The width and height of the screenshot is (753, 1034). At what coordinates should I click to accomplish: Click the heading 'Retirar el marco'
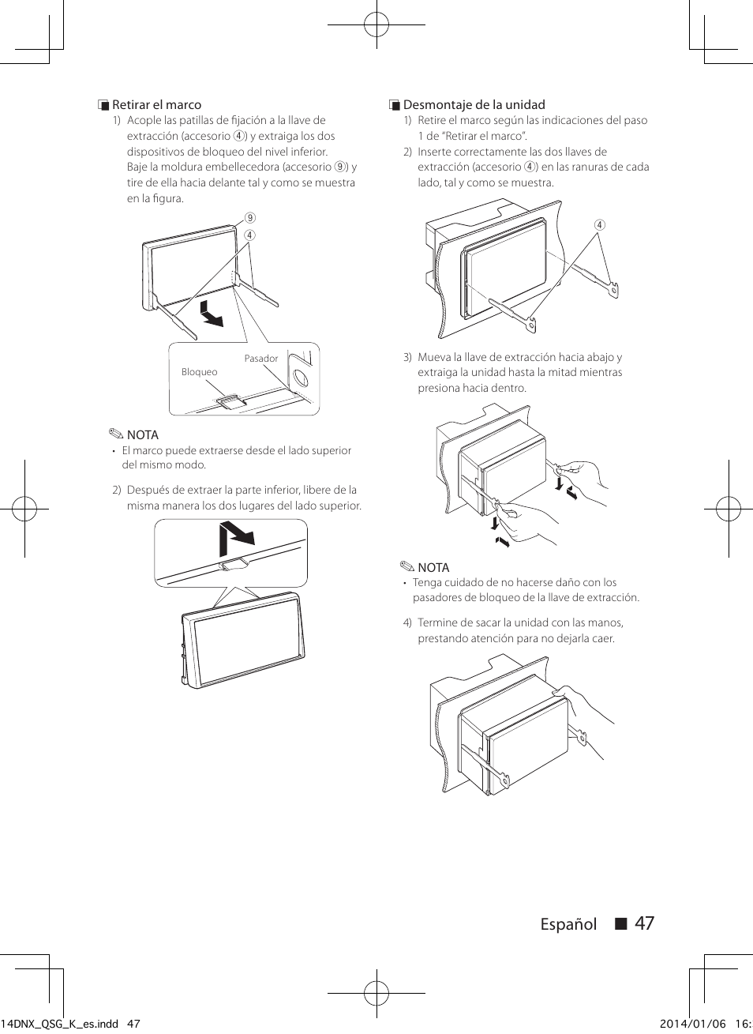[156, 105]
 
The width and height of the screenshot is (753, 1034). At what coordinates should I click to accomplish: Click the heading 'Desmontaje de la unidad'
[474, 105]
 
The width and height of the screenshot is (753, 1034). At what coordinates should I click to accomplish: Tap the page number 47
[644, 923]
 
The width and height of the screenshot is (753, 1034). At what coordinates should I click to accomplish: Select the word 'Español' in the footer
[568, 924]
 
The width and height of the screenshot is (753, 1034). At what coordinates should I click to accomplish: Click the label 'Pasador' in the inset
[260, 359]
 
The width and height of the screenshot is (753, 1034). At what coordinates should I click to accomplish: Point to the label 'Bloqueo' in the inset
[199, 372]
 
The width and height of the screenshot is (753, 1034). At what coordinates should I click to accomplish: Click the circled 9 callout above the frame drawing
[249, 219]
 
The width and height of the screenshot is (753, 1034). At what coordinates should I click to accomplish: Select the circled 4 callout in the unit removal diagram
[599, 225]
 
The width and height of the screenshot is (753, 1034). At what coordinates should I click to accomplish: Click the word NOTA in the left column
[143, 435]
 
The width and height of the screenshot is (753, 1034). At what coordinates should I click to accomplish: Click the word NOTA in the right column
[433, 568]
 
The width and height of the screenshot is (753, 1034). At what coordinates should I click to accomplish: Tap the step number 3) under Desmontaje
[408, 357]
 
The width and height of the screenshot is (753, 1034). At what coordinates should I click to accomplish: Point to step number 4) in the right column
[408, 622]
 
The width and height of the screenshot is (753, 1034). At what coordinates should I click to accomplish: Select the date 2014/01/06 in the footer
[691, 1024]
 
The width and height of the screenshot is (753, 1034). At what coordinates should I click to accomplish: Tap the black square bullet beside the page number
[620, 924]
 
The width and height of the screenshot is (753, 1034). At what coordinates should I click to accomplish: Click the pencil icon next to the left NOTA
[117, 434]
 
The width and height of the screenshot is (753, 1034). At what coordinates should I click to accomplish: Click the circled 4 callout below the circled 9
[249, 235]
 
